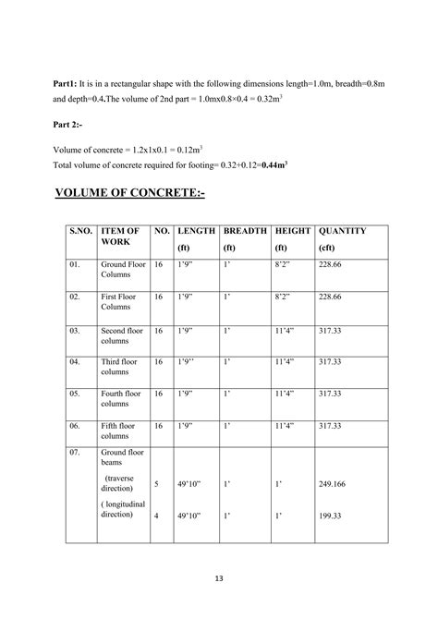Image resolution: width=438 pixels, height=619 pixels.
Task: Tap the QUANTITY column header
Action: tap(342, 231)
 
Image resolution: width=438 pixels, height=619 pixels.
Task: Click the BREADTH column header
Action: tap(245, 231)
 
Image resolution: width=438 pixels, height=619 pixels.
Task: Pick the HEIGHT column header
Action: tap(293, 231)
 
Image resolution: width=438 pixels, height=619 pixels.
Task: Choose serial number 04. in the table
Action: tap(75, 361)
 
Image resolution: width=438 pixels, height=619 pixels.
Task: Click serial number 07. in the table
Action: tap(75, 453)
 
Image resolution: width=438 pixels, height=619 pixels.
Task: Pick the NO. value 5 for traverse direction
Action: tap(156, 483)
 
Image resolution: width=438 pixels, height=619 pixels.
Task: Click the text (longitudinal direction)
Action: tap(120, 508)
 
